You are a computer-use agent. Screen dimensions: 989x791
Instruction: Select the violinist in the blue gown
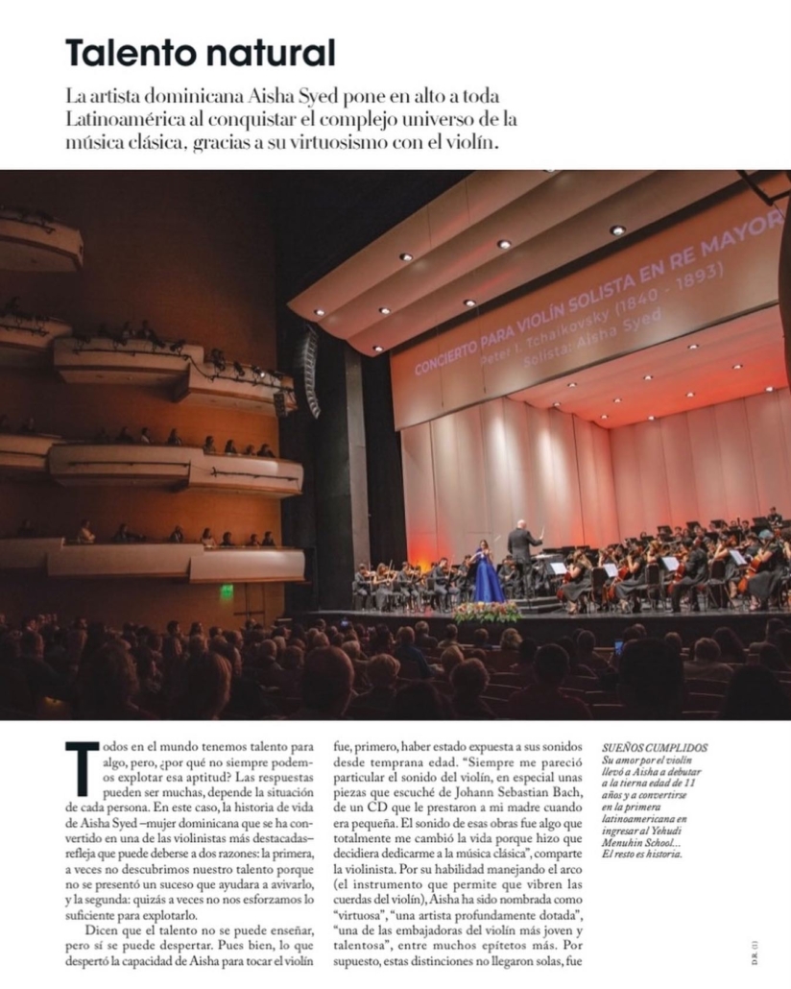coord(488,573)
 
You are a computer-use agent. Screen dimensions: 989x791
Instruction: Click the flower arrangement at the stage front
coord(488,612)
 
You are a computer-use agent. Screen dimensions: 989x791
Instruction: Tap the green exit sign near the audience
coord(227,591)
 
